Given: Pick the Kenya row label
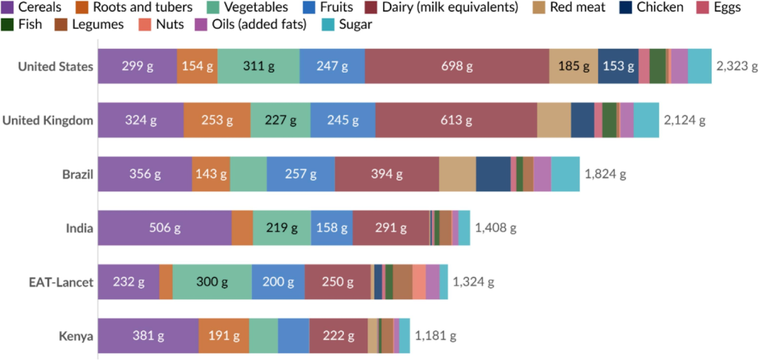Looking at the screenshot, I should click(76, 336).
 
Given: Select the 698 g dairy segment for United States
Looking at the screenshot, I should click(457, 66).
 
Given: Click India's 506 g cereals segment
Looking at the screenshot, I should click(165, 228).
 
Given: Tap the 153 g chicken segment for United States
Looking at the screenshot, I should click(618, 66).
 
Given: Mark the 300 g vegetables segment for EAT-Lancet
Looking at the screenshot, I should click(212, 282).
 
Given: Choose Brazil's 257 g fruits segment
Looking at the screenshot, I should click(300, 174).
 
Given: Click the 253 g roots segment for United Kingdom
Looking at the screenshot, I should click(216, 120).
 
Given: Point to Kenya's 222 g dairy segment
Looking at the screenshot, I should click(338, 336).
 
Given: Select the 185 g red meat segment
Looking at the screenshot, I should click(574, 66).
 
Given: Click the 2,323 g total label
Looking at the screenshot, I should click(737, 66).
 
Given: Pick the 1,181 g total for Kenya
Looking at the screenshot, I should click(435, 336).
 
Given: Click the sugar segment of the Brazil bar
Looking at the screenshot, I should click(566, 174).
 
